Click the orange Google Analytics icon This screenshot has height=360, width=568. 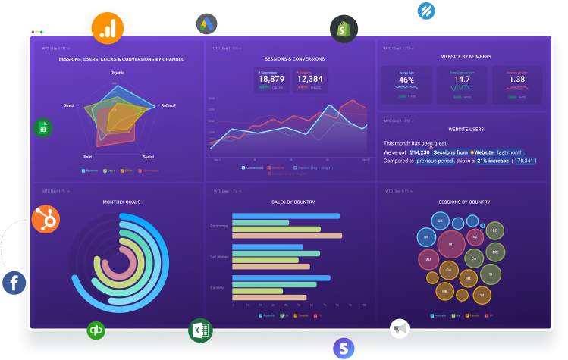pos(107,27)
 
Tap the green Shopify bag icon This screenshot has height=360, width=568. pos(344,29)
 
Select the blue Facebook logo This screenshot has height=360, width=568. pos(14,283)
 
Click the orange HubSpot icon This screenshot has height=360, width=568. pos(46,220)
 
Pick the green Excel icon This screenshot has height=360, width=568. pos(200,330)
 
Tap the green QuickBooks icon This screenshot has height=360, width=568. pos(96,330)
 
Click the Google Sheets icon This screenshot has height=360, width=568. pos(43,128)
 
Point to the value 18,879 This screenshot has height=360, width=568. pos(271,79)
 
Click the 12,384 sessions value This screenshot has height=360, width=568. pos(309,79)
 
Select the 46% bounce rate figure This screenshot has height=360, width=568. pos(406,80)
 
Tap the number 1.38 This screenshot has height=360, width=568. pos(516,80)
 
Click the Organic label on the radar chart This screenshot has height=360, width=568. pos(118,72)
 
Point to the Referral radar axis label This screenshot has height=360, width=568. pos(168,105)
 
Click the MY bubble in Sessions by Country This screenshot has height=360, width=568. pos(452,245)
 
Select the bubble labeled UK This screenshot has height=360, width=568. pos(439,221)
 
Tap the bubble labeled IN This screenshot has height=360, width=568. pos(485,293)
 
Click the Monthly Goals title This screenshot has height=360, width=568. pos(121,202)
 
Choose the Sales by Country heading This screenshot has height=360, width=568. pos(293,202)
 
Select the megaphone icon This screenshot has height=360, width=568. pos(400,328)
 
